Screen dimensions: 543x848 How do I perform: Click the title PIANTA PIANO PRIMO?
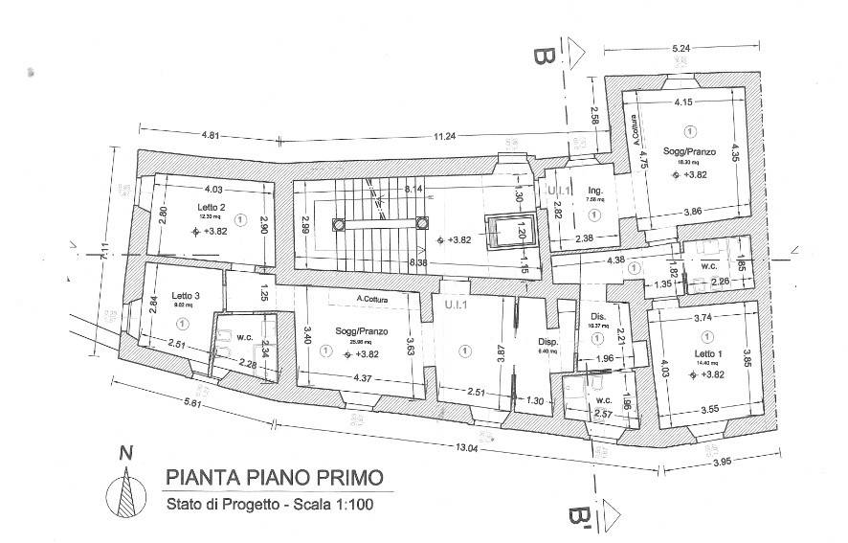pos(276,477)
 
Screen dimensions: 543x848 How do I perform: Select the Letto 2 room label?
pos(212,208)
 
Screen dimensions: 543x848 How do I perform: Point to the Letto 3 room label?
pos(185,296)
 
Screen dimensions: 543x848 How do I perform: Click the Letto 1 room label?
pos(707,355)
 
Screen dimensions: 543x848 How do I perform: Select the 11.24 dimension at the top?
pos(444,137)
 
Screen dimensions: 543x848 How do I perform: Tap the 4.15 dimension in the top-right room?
pos(683,102)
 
